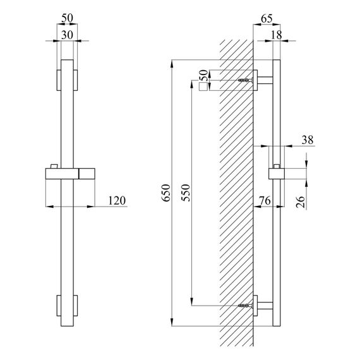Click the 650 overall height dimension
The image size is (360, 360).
click(x=166, y=193)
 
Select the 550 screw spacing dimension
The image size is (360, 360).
click(x=186, y=193)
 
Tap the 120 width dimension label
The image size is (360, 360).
click(x=117, y=200)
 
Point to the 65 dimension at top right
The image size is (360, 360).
click(x=267, y=18)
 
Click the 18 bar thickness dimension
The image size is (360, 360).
click(x=276, y=35)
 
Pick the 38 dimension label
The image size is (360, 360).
click(x=308, y=140)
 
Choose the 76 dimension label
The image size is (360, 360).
click(x=265, y=201)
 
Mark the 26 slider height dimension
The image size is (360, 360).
click(x=301, y=202)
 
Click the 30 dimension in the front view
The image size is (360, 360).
click(x=67, y=35)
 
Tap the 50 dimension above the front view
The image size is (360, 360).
click(x=67, y=18)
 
